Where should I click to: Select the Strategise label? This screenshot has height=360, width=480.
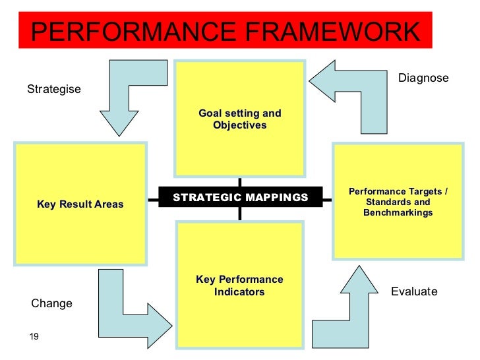click(x=54, y=89)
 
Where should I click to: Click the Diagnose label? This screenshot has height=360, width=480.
click(x=423, y=78)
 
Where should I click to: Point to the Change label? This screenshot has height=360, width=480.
click(x=51, y=303)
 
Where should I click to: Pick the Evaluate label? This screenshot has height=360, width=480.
click(x=414, y=291)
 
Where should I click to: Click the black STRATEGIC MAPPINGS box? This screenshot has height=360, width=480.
click(x=240, y=197)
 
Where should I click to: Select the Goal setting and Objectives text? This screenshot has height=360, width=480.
click(x=240, y=119)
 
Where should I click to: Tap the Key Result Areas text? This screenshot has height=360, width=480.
click(x=80, y=204)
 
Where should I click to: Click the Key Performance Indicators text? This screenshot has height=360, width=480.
click(x=239, y=285)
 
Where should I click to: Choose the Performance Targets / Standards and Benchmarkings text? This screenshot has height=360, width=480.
click(x=398, y=202)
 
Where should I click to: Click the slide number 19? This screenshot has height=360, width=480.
click(x=34, y=337)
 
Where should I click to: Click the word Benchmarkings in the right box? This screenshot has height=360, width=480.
click(x=398, y=213)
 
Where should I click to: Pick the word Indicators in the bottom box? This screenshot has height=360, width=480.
click(x=239, y=291)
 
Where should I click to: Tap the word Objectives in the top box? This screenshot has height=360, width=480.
click(x=240, y=125)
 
